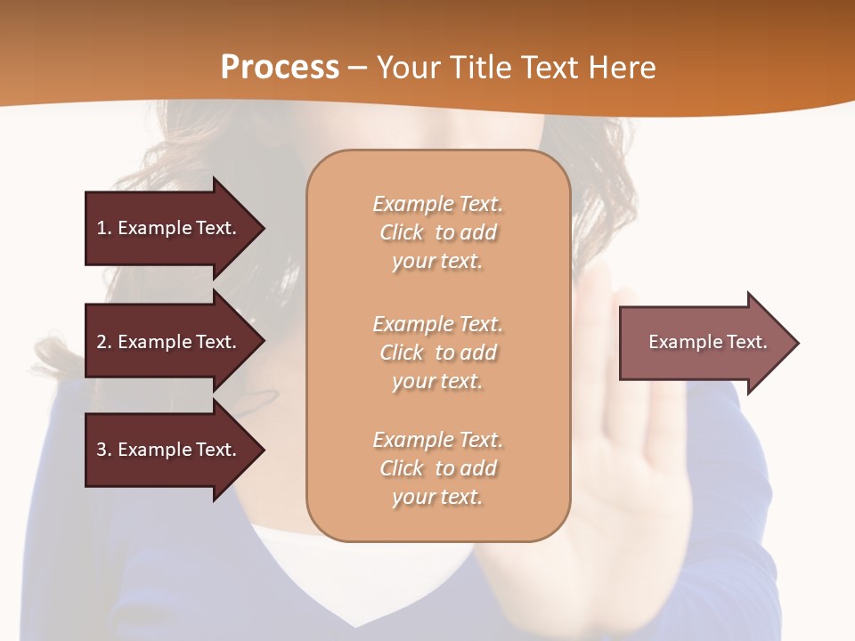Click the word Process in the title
(x=280, y=68)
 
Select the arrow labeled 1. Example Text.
(x=169, y=228)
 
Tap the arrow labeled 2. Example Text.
(x=169, y=342)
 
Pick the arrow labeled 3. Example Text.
(x=169, y=450)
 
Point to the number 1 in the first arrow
(x=102, y=228)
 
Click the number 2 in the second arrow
(x=102, y=342)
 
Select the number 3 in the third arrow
(x=102, y=450)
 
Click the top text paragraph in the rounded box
(x=437, y=232)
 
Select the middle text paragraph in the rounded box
(x=437, y=353)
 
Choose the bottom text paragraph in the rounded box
(x=437, y=468)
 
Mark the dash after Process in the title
(x=358, y=68)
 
